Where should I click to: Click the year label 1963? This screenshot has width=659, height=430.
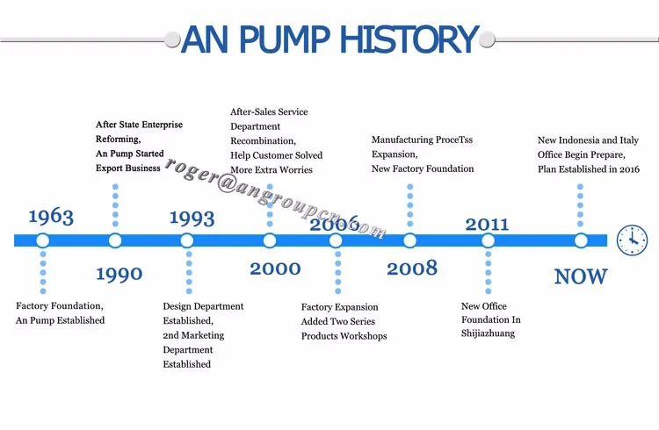51,217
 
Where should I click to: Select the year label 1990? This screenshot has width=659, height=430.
119,275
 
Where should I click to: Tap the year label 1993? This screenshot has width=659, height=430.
192,217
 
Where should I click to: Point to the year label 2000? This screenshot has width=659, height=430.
275,269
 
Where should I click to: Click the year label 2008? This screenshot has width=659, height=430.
411,269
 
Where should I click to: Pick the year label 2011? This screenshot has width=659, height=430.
487,224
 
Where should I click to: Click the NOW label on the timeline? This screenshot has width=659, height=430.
580,276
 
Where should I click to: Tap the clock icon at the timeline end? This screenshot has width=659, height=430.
632,240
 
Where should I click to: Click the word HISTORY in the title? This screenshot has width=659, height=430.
405,40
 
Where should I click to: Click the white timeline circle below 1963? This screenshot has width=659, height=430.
42,240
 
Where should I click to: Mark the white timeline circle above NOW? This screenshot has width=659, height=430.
580,240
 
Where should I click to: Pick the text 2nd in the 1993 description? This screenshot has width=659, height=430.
171,335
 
